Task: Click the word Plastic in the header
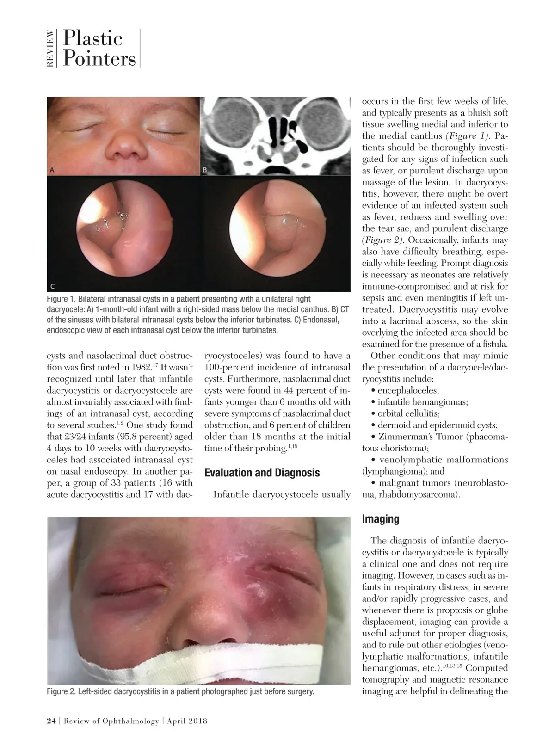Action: [x=92, y=38]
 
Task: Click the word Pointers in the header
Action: [x=99, y=59]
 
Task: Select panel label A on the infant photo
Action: [x=52, y=170]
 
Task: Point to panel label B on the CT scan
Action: [x=205, y=170]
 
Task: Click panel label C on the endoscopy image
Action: [x=52, y=286]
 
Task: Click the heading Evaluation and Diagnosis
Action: [x=262, y=473]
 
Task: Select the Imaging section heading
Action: [x=380, y=519]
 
